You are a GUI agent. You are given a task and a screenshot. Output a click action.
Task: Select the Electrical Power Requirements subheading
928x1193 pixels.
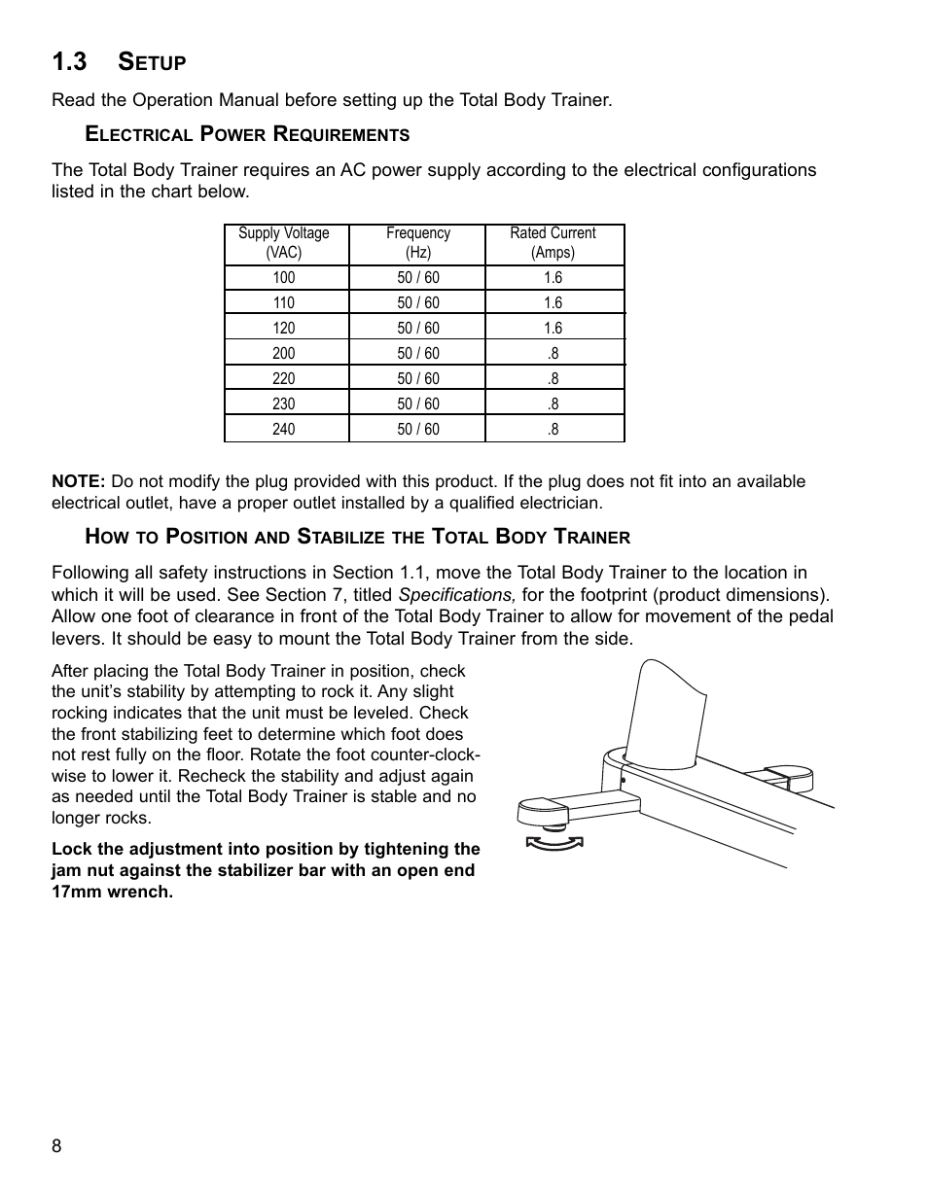point(247,134)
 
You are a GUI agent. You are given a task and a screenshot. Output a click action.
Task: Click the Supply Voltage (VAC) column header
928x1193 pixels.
point(284,243)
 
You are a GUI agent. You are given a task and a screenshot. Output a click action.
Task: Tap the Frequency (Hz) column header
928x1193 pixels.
point(418,243)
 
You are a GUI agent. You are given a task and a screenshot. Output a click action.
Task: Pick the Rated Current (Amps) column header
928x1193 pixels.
point(553,243)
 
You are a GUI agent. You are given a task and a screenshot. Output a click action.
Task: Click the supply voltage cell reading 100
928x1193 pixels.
point(284,278)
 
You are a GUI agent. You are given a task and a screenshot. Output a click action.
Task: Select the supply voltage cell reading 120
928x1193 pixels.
point(284,329)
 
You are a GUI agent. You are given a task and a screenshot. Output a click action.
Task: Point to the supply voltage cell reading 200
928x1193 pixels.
point(284,354)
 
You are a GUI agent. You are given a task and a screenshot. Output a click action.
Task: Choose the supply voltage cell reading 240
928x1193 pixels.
point(284,429)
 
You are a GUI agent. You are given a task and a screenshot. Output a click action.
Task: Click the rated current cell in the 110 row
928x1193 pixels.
point(553,303)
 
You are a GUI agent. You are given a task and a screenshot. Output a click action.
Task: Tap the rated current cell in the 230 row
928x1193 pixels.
point(553,404)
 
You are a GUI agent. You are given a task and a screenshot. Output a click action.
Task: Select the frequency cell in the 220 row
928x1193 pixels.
point(418,379)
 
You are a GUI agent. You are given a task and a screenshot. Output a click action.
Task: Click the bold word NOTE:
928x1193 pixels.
point(78,481)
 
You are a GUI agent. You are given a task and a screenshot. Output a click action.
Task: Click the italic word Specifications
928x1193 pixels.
point(456,595)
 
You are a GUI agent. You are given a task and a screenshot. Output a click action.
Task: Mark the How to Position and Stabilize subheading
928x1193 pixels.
point(358,536)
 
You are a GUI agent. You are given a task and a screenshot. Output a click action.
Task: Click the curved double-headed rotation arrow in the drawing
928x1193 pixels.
point(553,842)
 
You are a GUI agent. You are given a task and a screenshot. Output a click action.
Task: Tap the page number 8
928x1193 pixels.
point(56,1146)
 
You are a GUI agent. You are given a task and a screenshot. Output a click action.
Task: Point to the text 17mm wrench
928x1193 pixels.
point(112,892)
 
